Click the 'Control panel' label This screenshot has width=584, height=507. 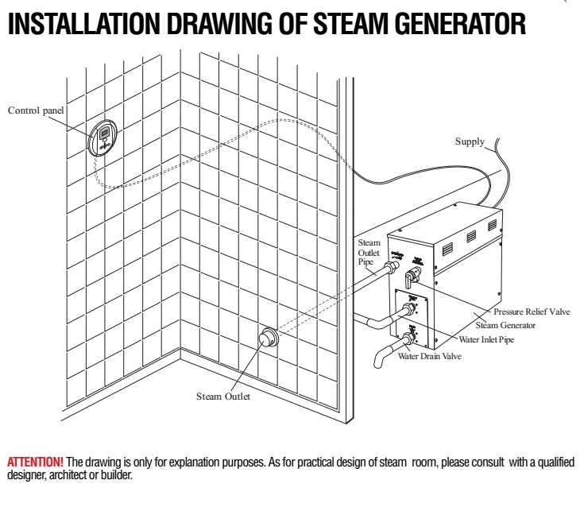37,110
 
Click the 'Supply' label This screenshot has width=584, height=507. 469,141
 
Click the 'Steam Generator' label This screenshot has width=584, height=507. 505,325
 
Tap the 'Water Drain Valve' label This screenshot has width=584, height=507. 429,356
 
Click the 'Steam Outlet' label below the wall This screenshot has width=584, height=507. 223,396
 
